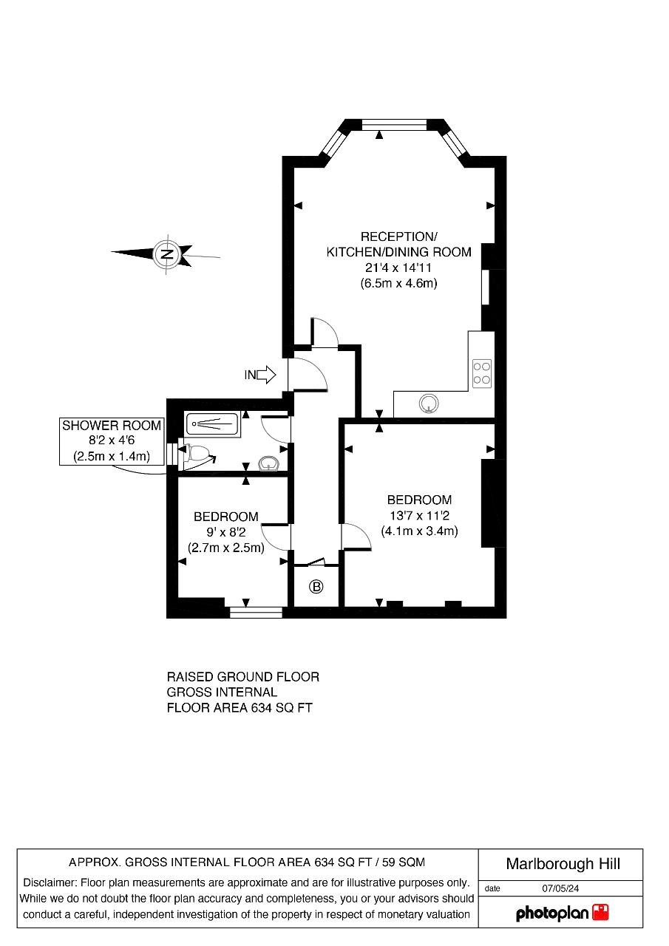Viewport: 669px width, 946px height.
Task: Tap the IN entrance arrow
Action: pyautogui.click(x=266, y=375)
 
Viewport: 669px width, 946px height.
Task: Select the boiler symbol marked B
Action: pyautogui.click(x=316, y=587)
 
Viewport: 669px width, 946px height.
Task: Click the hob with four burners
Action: pyautogui.click(x=482, y=373)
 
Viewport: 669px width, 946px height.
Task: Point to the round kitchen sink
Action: pyautogui.click(x=429, y=404)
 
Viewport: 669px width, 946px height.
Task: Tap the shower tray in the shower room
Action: pyautogui.click(x=213, y=423)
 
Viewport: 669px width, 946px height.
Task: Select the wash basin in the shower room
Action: pyautogui.click(x=268, y=463)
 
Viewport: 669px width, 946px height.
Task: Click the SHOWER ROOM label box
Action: pyautogui.click(x=112, y=441)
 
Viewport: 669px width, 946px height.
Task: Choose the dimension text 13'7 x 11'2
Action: pyautogui.click(x=419, y=516)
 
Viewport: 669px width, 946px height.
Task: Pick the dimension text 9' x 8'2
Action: pyautogui.click(x=226, y=532)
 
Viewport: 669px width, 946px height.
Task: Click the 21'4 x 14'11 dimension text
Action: pyautogui.click(x=398, y=268)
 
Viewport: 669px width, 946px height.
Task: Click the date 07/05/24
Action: pyautogui.click(x=560, y=888)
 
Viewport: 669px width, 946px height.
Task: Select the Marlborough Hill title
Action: pyautogui.click(x=563, y=864)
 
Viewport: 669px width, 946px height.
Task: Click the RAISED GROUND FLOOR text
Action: pyautogui.click(x=243, y=677)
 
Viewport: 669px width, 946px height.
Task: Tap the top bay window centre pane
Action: pyautogui.click(x=395, y=125)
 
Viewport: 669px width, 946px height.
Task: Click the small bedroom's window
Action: pyautogui.click(x=256, y=613)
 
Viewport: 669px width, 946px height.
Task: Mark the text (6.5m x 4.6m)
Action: pyautogui.click(x=398, y=283)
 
